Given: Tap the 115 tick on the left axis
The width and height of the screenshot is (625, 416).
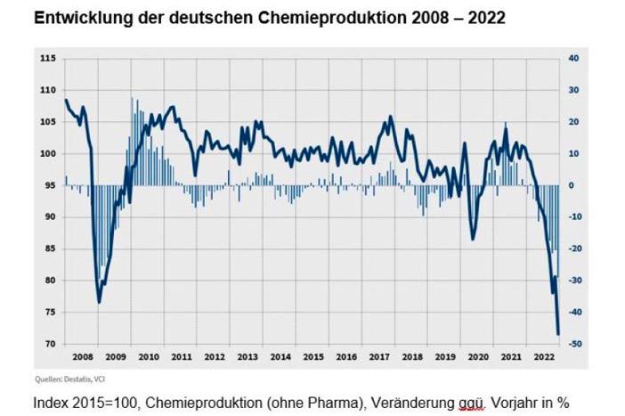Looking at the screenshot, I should [48, 59].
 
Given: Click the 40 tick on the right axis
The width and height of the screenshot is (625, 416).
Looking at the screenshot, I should [574, 59].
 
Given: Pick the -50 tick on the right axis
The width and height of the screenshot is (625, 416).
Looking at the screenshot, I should [576, 344].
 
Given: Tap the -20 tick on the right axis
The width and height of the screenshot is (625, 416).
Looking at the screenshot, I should [576, 249].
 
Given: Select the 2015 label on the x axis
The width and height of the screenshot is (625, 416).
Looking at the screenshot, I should [312, 356].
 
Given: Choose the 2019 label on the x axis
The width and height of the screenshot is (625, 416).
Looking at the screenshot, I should [444, 356].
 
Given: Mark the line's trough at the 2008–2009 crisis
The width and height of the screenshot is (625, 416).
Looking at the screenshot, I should [99, 303].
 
